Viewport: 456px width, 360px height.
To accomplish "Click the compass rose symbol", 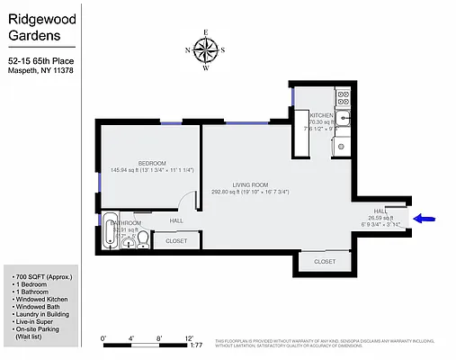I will pos(206,49).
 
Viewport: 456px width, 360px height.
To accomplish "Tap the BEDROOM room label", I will pos(151,163).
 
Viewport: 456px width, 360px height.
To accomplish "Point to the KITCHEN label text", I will pos(322,116).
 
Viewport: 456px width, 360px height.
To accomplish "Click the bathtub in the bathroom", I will pos(110,233).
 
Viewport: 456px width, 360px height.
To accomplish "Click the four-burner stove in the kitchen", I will pos(343,95).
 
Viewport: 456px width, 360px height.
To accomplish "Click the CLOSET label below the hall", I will pos(176,241).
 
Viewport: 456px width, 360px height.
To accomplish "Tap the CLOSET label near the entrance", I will pos(325,262).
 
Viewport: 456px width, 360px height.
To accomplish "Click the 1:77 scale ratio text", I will pos(196,345).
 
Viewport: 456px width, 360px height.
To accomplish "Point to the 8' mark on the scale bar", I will pos(159,338).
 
